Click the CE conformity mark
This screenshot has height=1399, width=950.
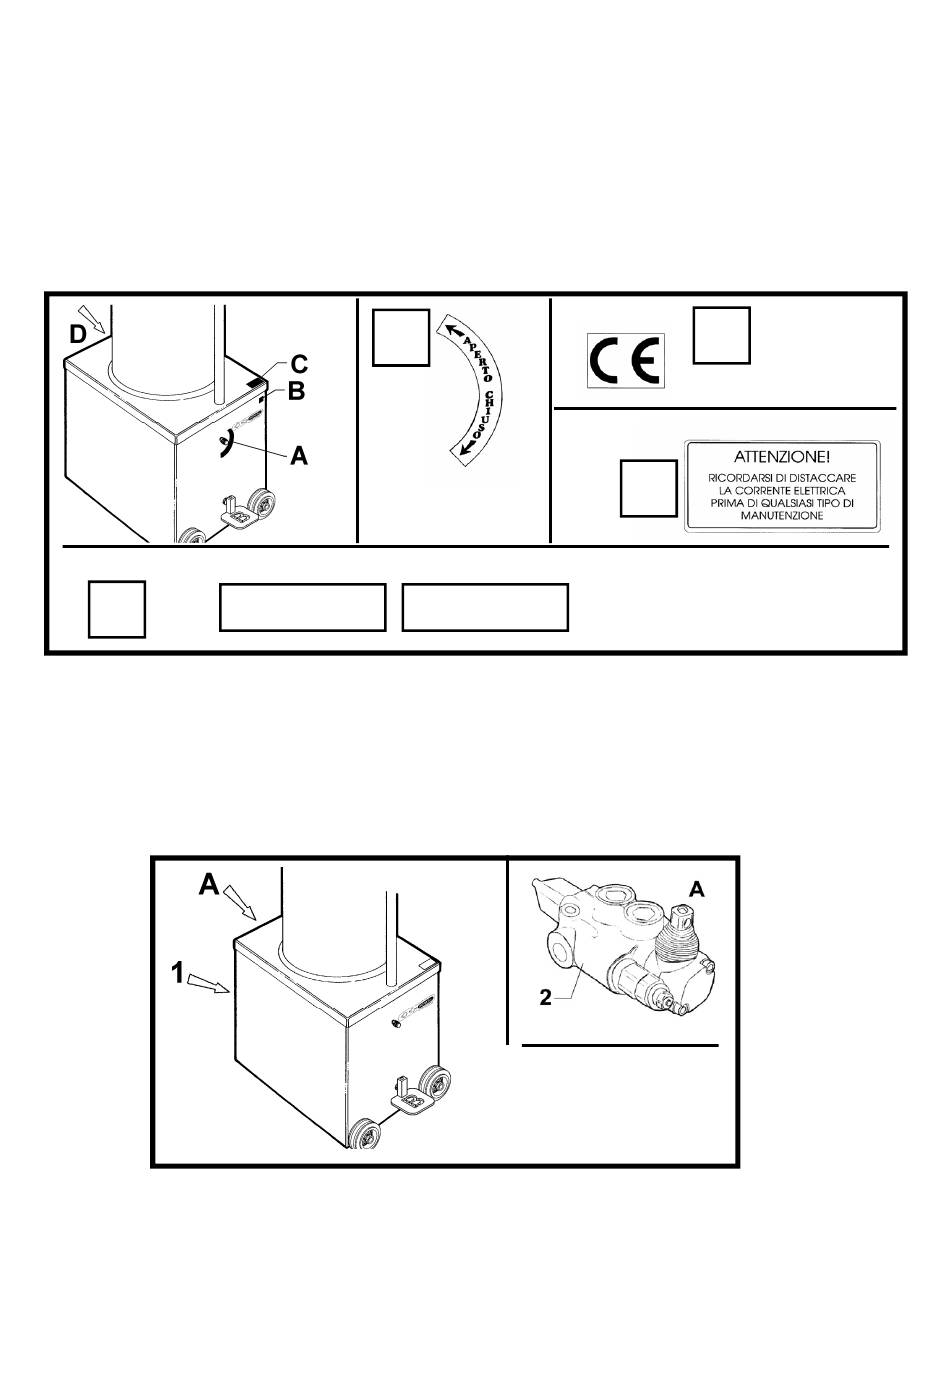[625, 360]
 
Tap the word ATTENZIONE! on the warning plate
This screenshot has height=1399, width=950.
[781, 457]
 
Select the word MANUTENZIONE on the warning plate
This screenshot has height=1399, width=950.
[781, 515]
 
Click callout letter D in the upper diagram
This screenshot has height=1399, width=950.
[77, 335]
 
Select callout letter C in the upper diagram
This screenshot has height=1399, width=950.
[299, 364]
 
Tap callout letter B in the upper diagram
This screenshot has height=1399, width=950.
[296, 392]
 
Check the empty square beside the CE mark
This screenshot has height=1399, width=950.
[721, 335]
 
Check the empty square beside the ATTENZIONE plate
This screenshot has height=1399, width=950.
[648, 488]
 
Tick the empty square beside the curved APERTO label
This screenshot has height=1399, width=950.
[401, 337]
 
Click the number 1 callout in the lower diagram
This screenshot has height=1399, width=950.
[178, 972]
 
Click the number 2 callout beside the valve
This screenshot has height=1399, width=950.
[545, 998]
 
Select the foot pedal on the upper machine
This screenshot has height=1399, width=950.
[238, 512]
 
